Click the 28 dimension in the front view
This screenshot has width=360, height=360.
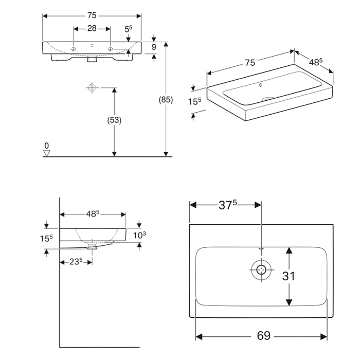coord(92,28)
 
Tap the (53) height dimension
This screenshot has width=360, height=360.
coord(114,120)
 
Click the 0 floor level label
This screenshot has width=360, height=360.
coord(47,145)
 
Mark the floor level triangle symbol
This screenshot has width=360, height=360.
coord(47,153)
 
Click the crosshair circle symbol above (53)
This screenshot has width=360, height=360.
coord(92,88)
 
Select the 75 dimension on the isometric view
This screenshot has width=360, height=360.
coord(250,63)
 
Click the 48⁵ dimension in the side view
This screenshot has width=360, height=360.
coord(93,212)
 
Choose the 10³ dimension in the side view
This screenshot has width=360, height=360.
coord(140,235)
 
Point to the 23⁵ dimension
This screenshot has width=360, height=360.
coord(76,261)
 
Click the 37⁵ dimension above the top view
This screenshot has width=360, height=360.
coord(227,205)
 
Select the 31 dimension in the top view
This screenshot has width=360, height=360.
coord(289,276)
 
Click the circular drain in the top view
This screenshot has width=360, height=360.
coord(261,269)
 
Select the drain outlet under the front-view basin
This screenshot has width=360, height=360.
coord(92,60)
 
